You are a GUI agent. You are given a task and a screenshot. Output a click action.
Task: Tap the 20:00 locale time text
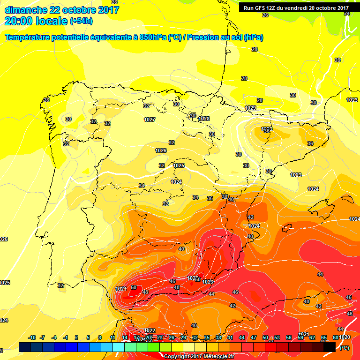(x=36, y=21)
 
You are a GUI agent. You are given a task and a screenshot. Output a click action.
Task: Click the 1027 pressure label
(x=150, y=120)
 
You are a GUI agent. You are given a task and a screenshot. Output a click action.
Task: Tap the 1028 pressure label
(x=204, y=119)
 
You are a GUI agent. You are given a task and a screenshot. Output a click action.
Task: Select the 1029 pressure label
(x=250, y=108)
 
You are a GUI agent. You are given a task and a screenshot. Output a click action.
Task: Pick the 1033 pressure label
(x=266, y=129)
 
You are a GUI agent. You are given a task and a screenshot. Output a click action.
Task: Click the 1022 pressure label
(x=150, y=330)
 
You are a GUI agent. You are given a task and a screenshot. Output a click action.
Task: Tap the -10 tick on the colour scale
(x=32, y=337)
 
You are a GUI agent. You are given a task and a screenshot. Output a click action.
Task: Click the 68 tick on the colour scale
(x=335, y=337)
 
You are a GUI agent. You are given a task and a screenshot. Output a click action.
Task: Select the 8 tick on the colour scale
(x=100, y=337)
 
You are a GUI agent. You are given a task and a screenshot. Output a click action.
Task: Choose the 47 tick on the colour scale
(x=254, y=337)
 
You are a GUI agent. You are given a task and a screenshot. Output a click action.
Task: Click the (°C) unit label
(x=344, y=348)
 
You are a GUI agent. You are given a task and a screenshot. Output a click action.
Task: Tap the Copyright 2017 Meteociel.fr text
(x=199, y=356)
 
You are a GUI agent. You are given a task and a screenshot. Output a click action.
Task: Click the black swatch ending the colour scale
(x=330, y=347)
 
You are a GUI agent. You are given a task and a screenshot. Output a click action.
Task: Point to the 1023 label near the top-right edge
(x=352, y=100)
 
